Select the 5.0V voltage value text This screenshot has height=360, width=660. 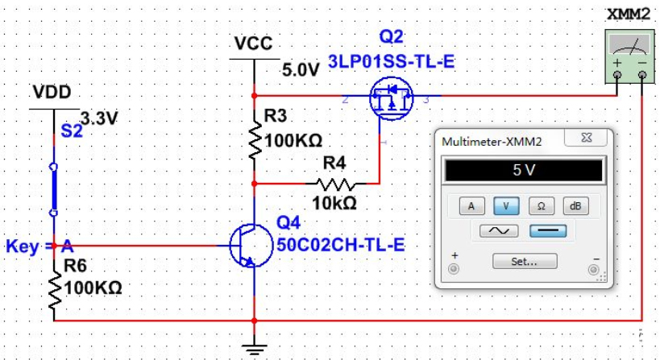pos(301,70)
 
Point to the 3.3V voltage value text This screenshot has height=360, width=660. pos(100,118)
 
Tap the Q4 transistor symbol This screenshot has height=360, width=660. pos(246,245)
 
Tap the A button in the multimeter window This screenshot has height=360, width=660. pos(471,205)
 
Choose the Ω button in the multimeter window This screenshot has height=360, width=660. pos(541,205)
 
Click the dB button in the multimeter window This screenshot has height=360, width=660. pos(575,205)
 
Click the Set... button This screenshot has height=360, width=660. pos(523,261)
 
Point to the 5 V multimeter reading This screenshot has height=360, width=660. pos(523,170)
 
